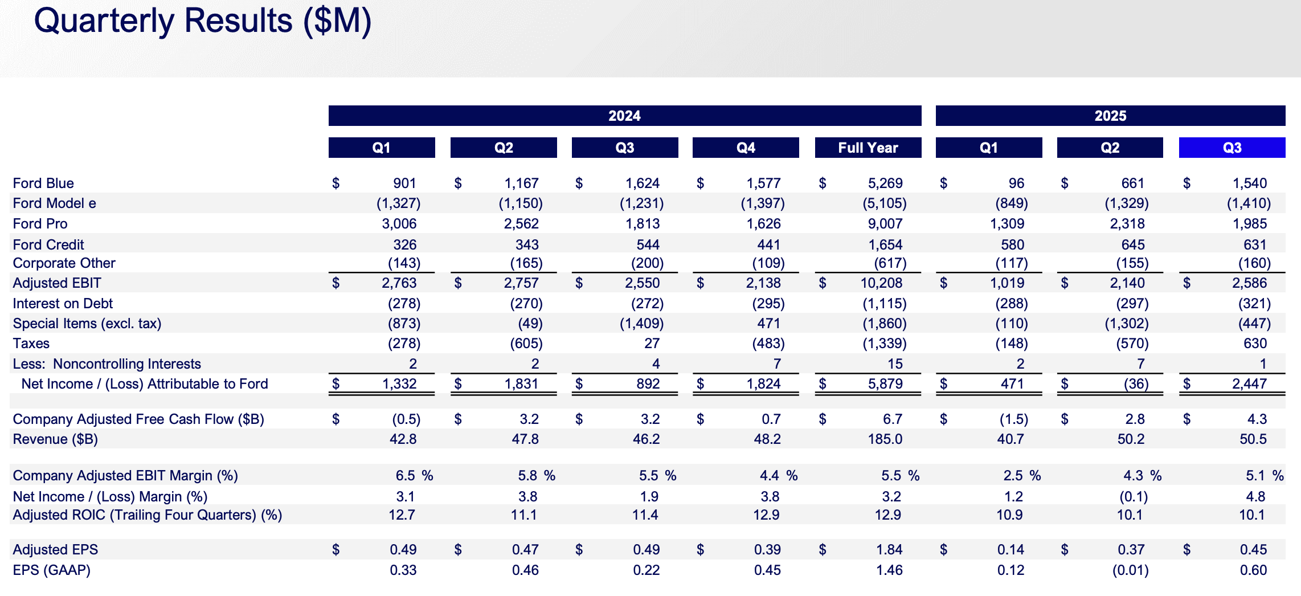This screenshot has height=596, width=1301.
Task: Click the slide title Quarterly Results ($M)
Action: pyautogui.click(x=202, y=21)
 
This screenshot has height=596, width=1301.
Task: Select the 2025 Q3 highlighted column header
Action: pyautogui.click(x=1232, y=148)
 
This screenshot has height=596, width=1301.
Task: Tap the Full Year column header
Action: pyautogui.click(x=868, y=148)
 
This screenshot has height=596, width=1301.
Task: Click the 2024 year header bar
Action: pyautogui.click(x=624, y=116)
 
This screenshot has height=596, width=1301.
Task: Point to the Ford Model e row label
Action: pyautogui.click(x=54, y=203)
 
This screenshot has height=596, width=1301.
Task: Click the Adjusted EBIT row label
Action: pyautogui.click(x=57, y=283)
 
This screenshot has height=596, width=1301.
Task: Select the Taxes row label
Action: pyautogui.click(x=31, y=344)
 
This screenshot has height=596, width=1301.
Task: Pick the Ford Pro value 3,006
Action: pyautogui.click(x=399, y=224)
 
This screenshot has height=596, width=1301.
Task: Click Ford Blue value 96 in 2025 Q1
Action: pyautogui.click(x=1016, y=183)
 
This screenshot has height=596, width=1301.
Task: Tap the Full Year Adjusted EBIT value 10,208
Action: pyautogui.click(x=881, y=283)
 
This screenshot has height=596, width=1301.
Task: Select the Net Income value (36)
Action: pyautogui.click(x=1136, y=384)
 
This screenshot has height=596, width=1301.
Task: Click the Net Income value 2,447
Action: pyautogui.click(x=1249, y=384)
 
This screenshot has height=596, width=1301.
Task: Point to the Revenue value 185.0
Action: pyautogui.click(x=885, y=439)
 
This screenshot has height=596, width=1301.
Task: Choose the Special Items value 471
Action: pyautogui.click(x=768, y=324)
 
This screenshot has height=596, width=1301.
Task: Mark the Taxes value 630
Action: pyautogui.click(x=1255, y=344)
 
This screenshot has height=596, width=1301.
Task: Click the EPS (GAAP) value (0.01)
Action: pyautogui.click(x=1130, y=570)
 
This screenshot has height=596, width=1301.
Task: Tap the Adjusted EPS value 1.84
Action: pyautogui.click(x=889, y=550)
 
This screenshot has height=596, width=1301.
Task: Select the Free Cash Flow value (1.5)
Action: pyautogui.click(x=1013, y=419)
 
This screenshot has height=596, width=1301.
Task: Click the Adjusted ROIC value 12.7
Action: pyautogui.click(x=402, y=515)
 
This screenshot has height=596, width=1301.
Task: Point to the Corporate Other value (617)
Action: pyautogui.click(x=890, y=263)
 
